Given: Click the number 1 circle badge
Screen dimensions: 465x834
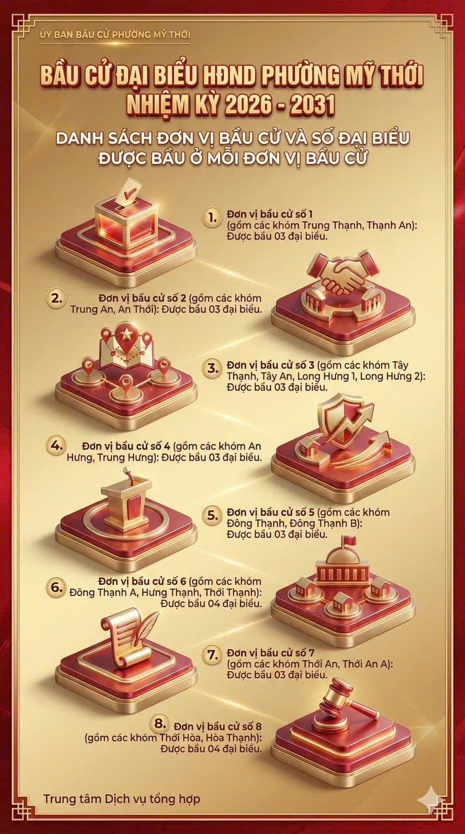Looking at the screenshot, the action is coord(212,217).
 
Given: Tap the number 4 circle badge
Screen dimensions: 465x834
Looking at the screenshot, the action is coord(56,445).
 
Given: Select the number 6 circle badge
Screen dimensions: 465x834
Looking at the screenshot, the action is coord(56,587).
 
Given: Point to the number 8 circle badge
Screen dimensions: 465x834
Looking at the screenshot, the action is coord(160,724).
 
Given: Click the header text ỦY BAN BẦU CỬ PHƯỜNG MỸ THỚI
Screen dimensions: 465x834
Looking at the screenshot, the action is coord(115,35).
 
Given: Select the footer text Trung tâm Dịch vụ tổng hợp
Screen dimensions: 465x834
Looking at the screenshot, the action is coord(122,799).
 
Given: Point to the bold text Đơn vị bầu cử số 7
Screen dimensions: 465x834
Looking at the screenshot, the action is coord(271,653).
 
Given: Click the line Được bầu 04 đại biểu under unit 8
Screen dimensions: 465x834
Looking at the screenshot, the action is coord(211,749).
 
